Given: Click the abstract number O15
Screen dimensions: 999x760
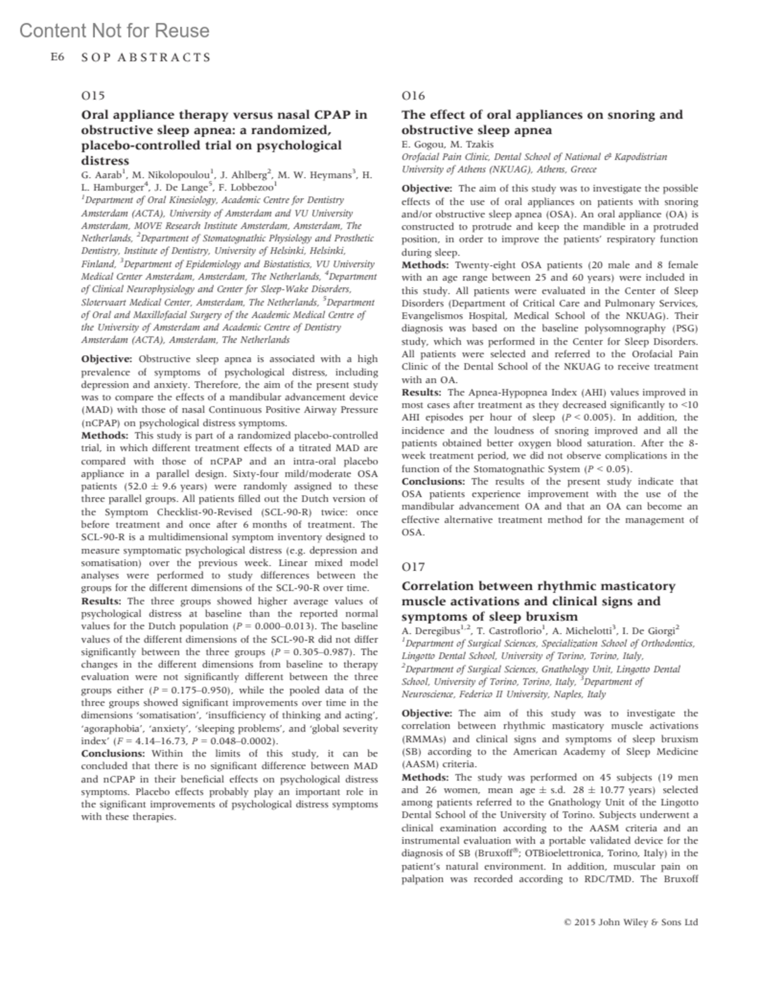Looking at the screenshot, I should tap(92, 96).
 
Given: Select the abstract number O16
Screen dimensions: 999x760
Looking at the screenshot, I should tap(413, 96).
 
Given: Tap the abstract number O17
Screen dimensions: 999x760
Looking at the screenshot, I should tap(413, 567).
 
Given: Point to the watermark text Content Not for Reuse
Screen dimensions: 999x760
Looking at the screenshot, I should tap(114, 30).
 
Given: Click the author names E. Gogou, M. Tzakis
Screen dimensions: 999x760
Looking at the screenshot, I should tap(447, 144).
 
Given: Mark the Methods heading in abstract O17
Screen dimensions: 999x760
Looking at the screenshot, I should tap(425, 777).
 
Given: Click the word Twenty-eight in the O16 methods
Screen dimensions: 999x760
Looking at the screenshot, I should tap(486, 265).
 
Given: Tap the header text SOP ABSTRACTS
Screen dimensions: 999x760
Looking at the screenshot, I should tap(146, 58).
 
